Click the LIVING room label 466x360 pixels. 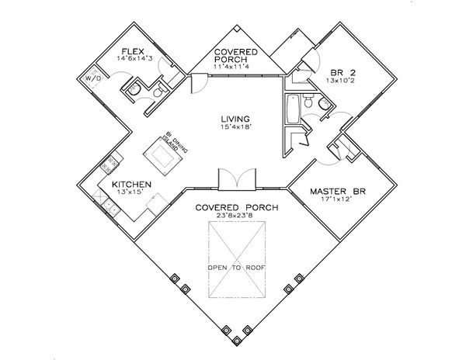233,119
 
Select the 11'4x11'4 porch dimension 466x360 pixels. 233,67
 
